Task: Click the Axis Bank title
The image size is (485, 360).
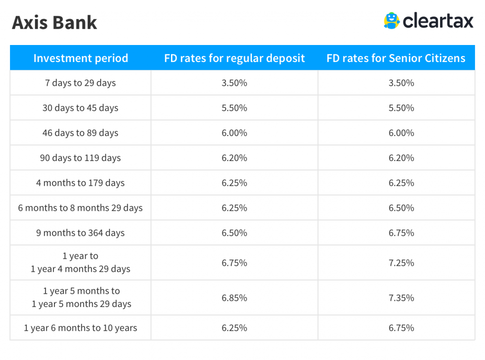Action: coord(54,22)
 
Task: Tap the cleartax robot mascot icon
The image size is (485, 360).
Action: coord(392,21)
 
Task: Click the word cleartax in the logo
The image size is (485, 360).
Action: coord(438,21)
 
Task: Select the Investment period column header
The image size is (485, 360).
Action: coord(81,58)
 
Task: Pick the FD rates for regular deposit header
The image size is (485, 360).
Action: coord(234,58)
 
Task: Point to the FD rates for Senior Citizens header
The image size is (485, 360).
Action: coord(396,58)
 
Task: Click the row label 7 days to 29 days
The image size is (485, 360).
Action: coord(81,83)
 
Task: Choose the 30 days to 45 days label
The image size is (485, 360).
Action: coord(81,108)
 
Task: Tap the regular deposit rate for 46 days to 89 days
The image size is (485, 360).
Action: coord(234,133)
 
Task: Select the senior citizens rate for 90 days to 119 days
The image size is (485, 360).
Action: coord(401,158)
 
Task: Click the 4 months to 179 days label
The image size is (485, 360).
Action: coord(81,183)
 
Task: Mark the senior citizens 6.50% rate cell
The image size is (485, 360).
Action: coord(401,208)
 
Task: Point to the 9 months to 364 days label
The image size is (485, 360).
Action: coord(81,233)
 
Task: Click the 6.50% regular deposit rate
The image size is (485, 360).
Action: coord(234,233)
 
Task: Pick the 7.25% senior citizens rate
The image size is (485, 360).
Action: coord(401,262)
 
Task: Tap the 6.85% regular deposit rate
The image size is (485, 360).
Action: coord(234,297)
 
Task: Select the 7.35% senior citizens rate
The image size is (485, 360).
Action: coord(401,297)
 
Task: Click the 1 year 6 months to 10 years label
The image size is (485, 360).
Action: coord(81,328)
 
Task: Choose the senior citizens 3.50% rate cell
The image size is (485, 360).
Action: coord(401,83)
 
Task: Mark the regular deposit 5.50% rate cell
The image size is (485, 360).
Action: coord(234,108)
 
